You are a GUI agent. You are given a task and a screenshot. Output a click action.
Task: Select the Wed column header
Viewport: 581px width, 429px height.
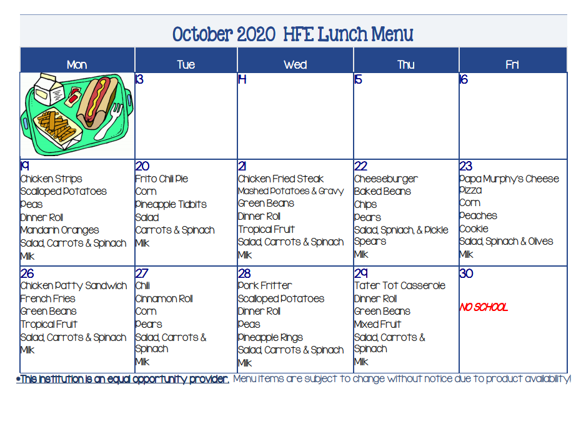point(295,65)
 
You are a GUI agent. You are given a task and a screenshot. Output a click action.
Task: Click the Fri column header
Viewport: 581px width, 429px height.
point(512,65)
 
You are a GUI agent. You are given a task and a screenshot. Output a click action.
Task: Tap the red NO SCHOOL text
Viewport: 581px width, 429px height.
point(484,307)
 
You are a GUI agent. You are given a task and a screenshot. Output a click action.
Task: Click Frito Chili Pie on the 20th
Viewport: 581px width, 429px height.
point(162,179)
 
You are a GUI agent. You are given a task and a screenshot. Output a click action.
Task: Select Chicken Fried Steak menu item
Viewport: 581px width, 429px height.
point(281,179)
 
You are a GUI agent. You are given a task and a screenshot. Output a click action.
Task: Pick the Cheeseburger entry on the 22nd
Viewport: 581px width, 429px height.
point(385,179)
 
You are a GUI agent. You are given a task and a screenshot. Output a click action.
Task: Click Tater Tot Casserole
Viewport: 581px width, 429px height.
point(400,285)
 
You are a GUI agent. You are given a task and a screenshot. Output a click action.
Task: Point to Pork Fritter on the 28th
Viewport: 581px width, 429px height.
point(264,285)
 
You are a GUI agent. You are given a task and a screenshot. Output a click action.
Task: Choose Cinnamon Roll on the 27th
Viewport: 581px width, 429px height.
point(164,298)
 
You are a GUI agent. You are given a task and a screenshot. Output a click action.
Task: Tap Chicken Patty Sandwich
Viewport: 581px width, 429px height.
point(74,286)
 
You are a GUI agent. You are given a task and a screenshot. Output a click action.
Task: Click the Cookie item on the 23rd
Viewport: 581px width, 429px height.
point(474,229)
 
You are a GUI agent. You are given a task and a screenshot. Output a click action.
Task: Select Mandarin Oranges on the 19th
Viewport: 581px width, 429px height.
point(59,230)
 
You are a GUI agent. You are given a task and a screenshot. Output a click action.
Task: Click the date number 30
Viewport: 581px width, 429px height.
point(466,274)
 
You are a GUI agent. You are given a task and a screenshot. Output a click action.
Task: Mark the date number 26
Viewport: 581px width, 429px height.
point(27,274)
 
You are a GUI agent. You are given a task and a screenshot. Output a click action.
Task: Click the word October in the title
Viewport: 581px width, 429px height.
point(202,34)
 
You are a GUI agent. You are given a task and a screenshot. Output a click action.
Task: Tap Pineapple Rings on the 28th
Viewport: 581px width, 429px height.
point(270,337)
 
